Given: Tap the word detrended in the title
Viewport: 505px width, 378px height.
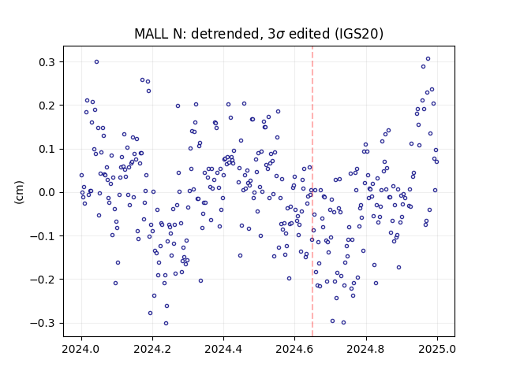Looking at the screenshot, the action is point(225,34).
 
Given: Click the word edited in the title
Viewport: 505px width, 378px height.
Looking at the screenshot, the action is point(309,34).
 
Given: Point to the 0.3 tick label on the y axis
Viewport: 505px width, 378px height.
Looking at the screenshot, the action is point(47,62).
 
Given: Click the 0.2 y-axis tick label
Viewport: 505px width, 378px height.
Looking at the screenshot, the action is point(47,106).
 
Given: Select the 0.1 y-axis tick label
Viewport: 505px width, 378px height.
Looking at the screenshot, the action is point(47,149).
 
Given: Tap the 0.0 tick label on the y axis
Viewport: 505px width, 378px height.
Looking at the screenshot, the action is point(47,192).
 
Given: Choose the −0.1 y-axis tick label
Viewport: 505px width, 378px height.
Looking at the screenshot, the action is point(42,236).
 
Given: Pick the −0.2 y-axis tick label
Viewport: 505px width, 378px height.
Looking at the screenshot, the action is point(42,280).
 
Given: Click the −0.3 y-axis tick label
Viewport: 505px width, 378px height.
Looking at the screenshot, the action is point(42,323).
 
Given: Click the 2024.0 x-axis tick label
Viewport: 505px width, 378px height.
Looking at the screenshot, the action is point(81,349).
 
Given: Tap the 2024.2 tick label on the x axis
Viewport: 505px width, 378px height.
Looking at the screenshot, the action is point(152,349).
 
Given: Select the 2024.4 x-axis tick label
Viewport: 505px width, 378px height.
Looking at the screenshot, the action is point(223,349).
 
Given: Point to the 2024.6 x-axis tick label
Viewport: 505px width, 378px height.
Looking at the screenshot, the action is point(294,349).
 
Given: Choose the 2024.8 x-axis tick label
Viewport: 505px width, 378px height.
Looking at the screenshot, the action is point(366,349).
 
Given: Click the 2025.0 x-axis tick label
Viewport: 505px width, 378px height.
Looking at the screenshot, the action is point(437,349).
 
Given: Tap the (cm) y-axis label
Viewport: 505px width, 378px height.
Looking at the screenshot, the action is point(19,192).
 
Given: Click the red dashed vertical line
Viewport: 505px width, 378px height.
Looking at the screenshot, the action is point(312,191).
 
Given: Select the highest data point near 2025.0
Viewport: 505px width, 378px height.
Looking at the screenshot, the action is point(428,59).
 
